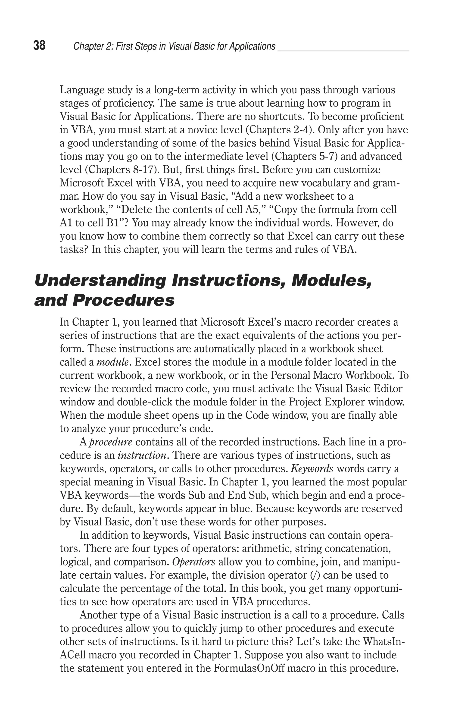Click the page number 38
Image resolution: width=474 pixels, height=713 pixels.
point(39,46)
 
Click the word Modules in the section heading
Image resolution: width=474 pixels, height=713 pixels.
point(331,281)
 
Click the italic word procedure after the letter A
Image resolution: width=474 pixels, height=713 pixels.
point(111,442)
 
